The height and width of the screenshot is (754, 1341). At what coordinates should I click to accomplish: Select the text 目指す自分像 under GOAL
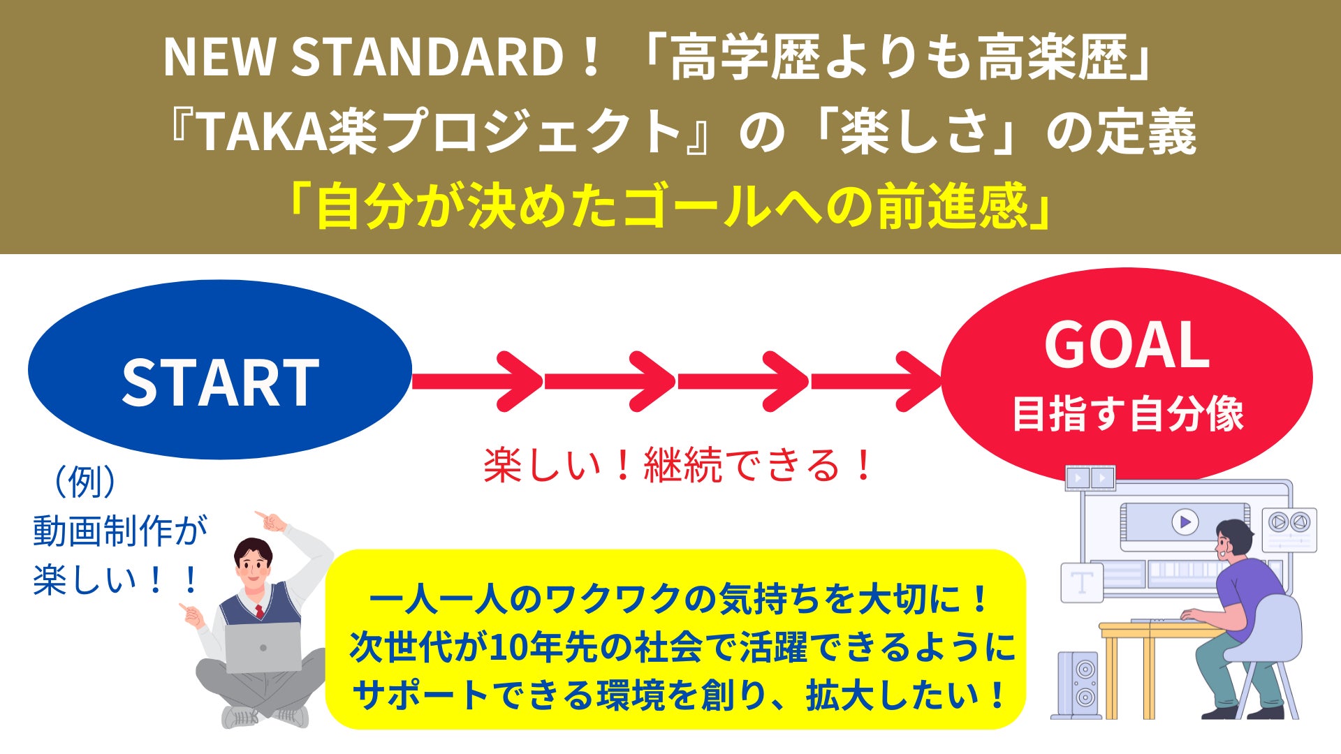1128,413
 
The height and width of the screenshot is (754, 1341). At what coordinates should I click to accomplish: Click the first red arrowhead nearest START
520,381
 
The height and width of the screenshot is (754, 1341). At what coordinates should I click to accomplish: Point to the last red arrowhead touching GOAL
918,381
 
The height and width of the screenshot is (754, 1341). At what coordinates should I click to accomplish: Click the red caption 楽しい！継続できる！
677,465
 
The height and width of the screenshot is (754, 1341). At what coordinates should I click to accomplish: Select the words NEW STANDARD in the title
363,57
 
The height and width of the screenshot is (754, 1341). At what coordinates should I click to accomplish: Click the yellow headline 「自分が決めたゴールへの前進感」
670,207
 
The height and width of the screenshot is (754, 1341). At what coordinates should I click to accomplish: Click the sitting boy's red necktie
259,612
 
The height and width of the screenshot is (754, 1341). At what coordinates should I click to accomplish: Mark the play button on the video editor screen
1185,522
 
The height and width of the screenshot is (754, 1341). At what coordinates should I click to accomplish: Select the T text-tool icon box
1082,583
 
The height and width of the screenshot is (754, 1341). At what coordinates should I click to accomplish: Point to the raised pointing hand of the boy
272,520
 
